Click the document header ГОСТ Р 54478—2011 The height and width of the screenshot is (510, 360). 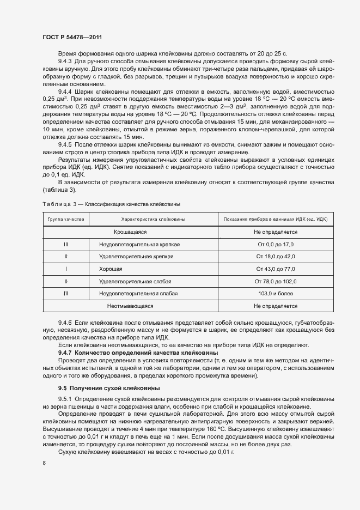coord(72,36)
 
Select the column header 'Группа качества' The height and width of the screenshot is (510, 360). coord(66,219)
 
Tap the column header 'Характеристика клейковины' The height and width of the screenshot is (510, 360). coord(153,219)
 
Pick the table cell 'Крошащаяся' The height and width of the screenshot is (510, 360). coord(130,232)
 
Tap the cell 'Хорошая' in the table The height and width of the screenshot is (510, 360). coord(111,269)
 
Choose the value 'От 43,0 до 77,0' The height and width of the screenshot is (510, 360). coord(275,269)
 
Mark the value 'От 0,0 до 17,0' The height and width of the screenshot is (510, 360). coord(275,245)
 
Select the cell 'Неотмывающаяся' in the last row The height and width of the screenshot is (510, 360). coord(130,306)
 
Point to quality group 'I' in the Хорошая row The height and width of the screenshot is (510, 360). coord(66,269)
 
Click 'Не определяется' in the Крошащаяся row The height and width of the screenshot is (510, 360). coord(275,232)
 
